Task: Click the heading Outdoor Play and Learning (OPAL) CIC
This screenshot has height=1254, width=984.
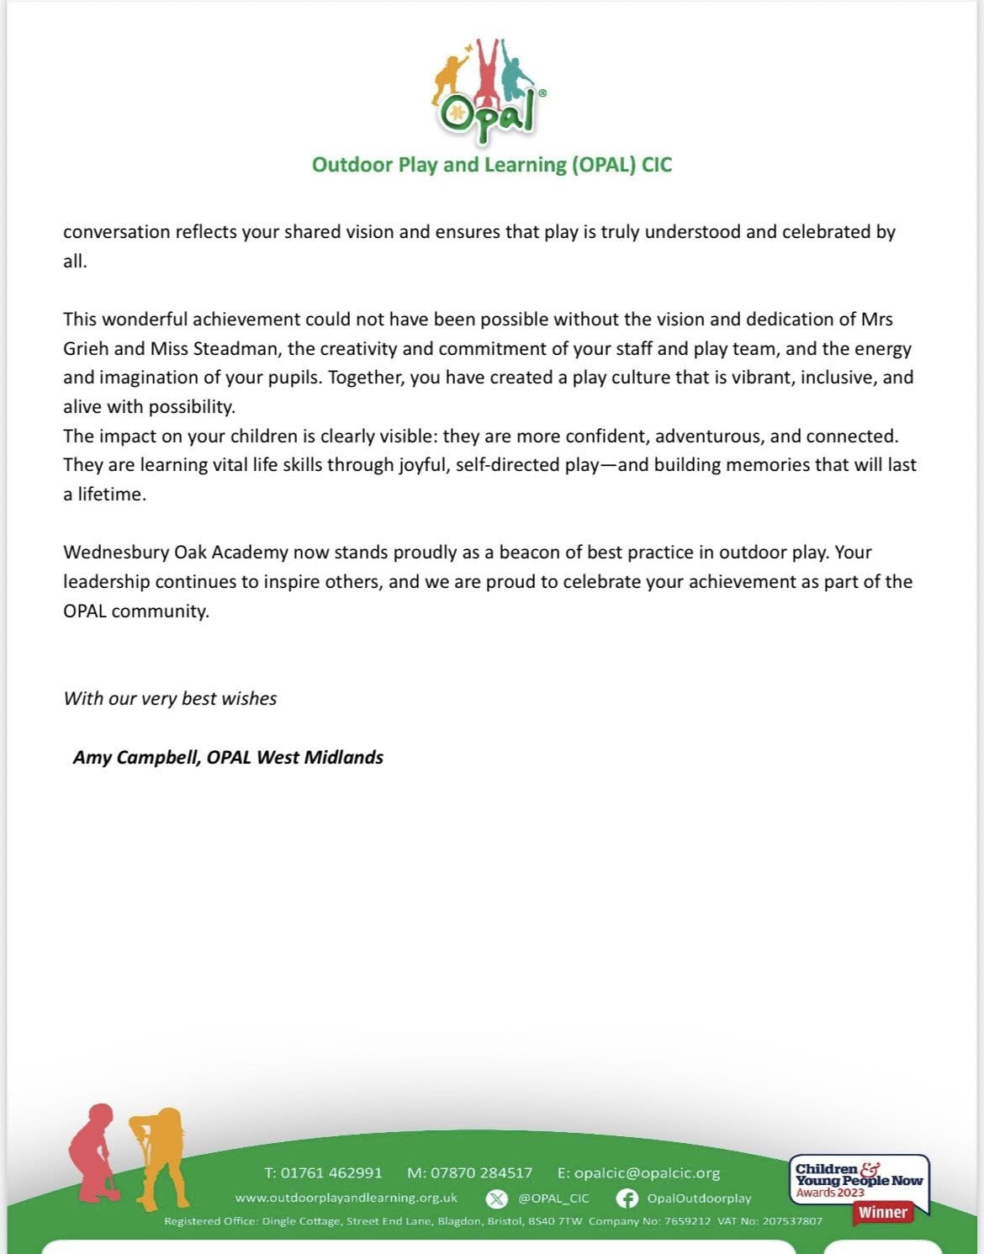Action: tap(492, 164)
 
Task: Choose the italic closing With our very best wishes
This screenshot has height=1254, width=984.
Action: tap(170, 698)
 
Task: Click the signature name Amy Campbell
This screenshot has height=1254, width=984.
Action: tap(136, 757)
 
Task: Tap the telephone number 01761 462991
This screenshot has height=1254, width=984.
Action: tap(331, 1172)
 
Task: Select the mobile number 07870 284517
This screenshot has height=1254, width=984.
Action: tap(481, 1172)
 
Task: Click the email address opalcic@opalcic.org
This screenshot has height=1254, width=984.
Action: tap(647, 1172)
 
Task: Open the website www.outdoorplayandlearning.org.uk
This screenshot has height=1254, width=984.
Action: tap(347, 1198)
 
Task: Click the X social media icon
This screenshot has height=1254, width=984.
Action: tap(497, 1198)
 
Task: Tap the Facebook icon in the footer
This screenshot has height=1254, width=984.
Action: tap(627, 1198)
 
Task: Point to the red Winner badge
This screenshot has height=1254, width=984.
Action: tap(882, 1212)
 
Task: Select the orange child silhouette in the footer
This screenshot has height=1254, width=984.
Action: tap(160, 1156)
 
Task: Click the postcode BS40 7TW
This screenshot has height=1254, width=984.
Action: tap(556, 1221)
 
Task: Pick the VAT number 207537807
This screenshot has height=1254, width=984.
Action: tap(792, 1221)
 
